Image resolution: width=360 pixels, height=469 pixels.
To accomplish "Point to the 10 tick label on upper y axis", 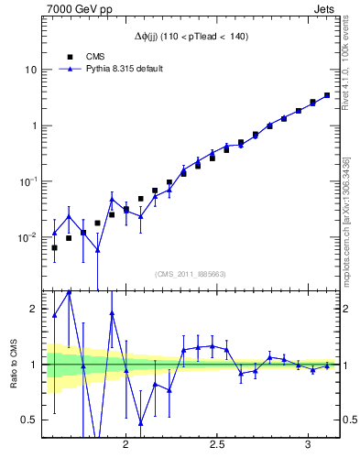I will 30,70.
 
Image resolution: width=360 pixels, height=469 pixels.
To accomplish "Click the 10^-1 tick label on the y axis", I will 28,181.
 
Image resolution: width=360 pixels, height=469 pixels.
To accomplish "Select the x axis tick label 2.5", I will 218,444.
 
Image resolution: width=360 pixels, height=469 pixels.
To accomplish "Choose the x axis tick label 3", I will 308,444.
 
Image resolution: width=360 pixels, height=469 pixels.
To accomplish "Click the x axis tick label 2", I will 126,444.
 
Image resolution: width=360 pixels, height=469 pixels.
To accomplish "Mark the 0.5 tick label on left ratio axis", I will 29,420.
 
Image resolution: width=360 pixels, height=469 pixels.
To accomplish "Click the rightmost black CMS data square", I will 327,94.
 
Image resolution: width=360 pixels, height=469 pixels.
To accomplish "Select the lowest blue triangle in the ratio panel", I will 141,422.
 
